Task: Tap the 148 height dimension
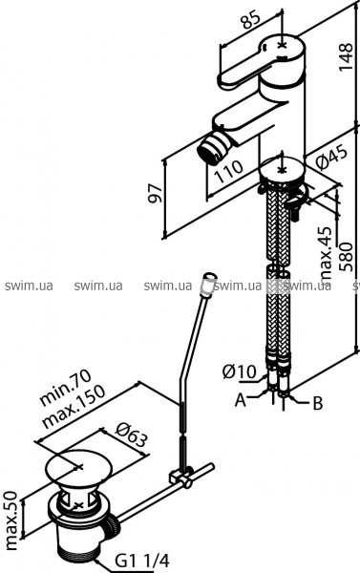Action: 346,57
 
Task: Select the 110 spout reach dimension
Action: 228,171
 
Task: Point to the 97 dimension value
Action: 155,193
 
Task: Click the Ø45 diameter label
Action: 330,159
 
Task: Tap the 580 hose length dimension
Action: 346,257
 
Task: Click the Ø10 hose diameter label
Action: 240,372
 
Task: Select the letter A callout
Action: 240,400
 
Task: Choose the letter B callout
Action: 318,403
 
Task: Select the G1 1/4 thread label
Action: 142,561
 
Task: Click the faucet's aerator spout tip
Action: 211,149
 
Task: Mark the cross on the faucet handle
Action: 282,45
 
